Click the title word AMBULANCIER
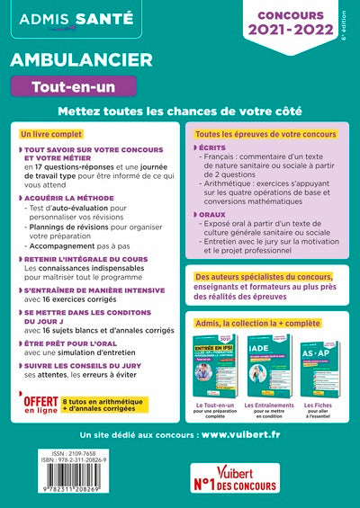click(78, 58)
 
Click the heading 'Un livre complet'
click(56, 133)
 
